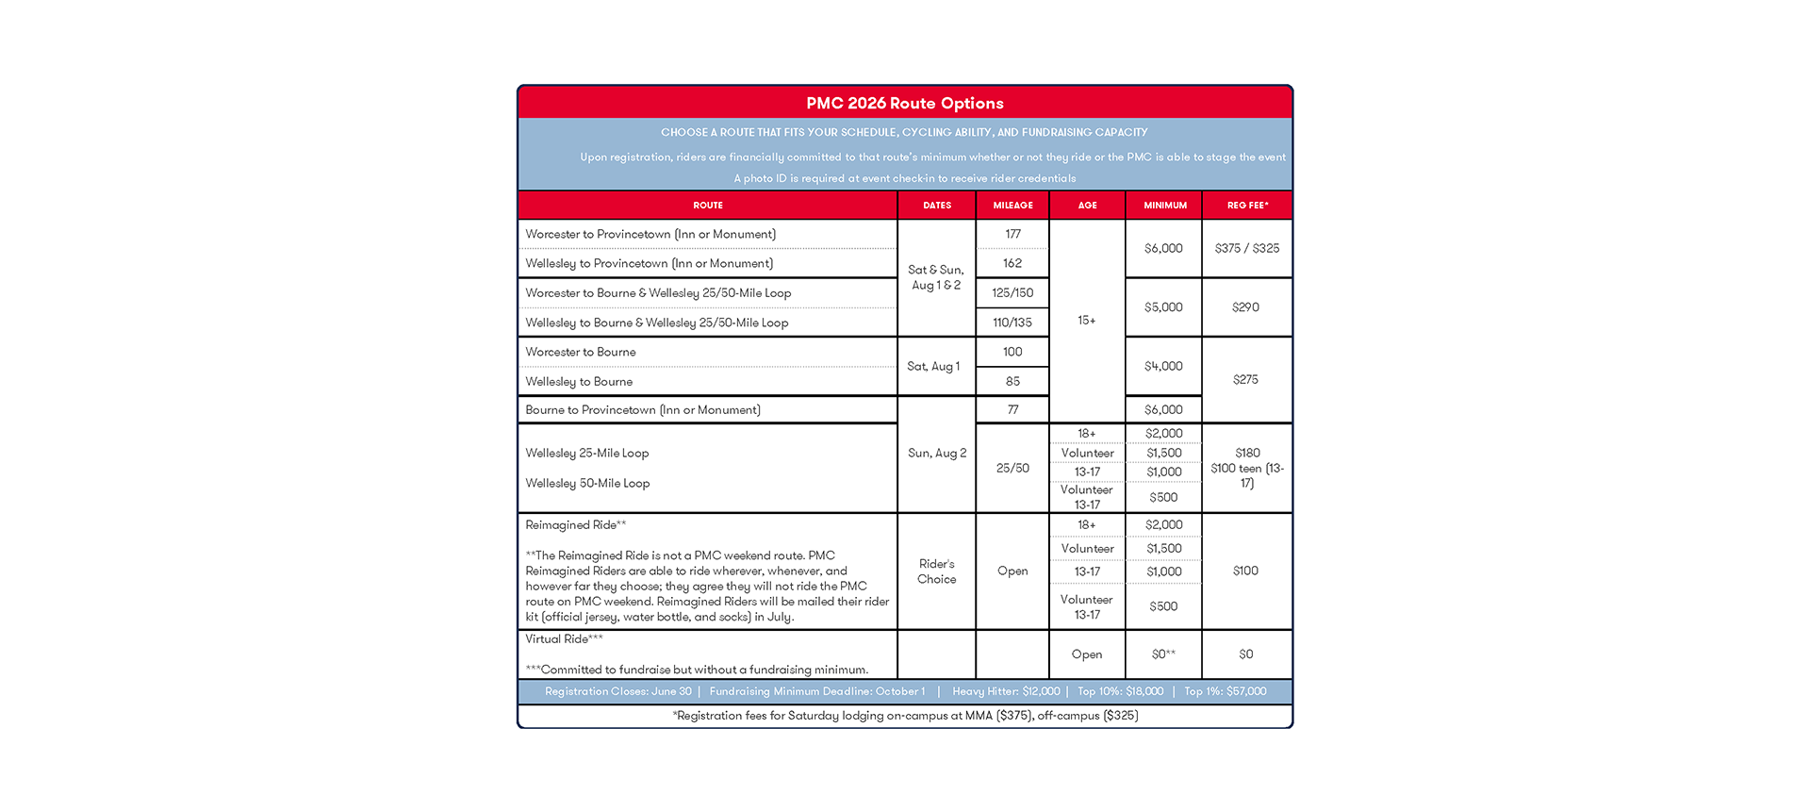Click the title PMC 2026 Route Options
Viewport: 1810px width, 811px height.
[904, 103]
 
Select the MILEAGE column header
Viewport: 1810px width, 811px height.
[1012, 205]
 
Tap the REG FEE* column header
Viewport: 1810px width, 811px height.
[1247, 205]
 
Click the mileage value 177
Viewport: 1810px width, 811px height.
[1012, 234]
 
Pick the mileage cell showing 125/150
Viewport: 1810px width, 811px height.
[1012, 293]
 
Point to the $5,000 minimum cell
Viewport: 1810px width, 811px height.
[1163, 307]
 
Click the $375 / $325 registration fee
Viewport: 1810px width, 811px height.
[1246, 248]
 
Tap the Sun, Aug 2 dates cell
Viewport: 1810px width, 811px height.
[936, 453]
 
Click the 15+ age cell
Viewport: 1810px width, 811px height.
[1087, 321]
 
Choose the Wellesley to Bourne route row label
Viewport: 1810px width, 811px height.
[579, 381]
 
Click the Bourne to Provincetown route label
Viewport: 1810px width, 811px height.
[642, 409]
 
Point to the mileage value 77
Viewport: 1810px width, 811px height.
[1012, 409]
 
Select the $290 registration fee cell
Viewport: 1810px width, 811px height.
[1245, 307]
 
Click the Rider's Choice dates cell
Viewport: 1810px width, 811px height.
[936, 571]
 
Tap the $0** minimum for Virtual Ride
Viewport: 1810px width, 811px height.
[1163, 654]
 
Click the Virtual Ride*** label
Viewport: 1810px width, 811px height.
[564, 638]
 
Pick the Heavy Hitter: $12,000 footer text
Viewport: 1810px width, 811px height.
[1006, 691]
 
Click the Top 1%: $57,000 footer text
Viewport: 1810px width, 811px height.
[1225, 691]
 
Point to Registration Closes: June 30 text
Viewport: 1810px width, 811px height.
[617, 691]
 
